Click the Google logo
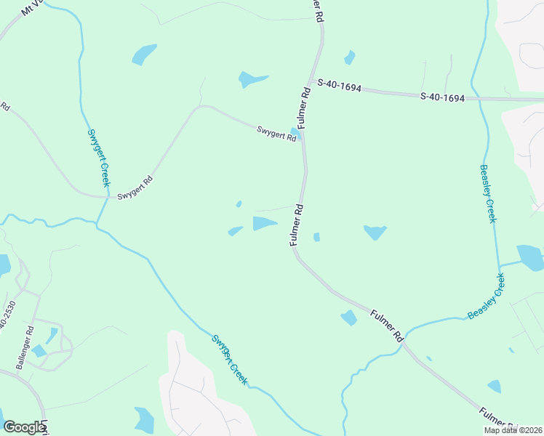pyautogui.click(x=23, y=427)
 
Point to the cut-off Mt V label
pyautogui.click(x=34, y=8)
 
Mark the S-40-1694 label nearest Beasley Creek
pyautogui.click(x=442, y=97)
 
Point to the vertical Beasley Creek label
pyautogui.click(x=487, y=193)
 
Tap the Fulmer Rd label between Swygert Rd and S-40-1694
pyautogui.click(x=305, y=108)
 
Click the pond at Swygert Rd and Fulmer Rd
pyautogui.click(x=295, y=134)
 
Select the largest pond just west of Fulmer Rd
pyautogui.click(x=263, y=224)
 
